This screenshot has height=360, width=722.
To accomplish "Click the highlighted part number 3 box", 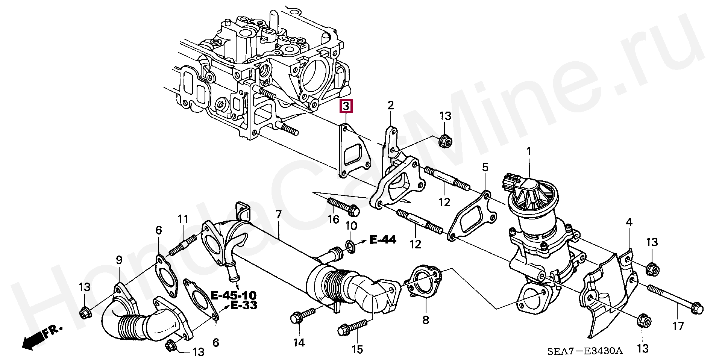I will [346, 106].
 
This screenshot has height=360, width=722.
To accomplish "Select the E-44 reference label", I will [382, 239].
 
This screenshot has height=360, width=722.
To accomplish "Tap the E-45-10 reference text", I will [233, 295].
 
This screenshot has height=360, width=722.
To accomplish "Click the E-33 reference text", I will [244, 305].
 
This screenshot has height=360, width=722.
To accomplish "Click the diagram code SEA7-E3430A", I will [585, 351].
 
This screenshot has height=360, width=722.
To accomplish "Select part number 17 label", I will [678, 326].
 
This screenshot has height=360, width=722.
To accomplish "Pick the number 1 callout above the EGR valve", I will [529, 152].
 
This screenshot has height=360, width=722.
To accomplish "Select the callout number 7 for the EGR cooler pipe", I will [278, 215].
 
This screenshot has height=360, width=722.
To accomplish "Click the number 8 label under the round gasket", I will [425, 320].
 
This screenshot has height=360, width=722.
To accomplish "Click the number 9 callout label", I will [119, 260].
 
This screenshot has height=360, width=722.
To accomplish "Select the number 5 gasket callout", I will [485, 167].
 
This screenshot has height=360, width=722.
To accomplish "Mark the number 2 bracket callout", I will [391, 106].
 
